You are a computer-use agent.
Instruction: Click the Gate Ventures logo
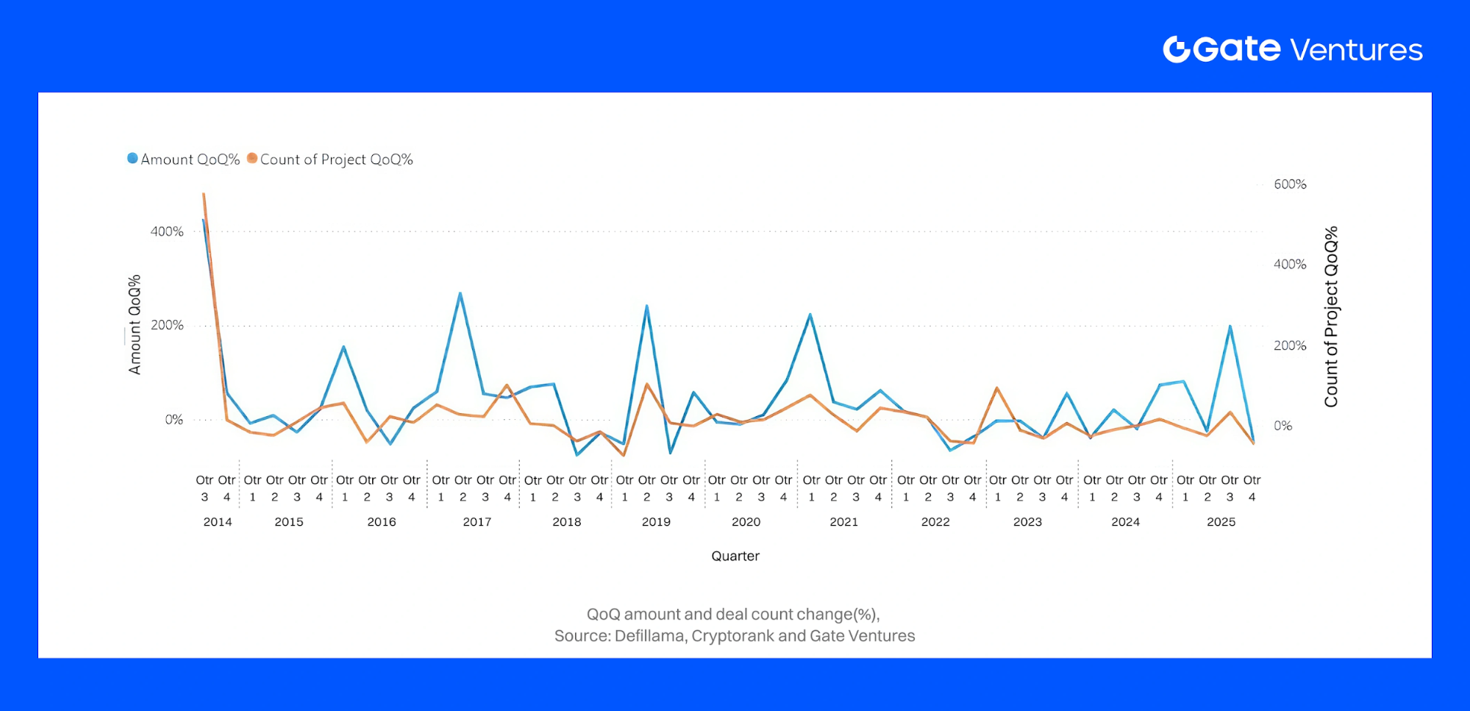(x=1292, y=49)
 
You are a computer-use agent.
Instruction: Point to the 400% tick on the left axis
(x=167, y=232)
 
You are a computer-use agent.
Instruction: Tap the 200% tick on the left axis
(x=167, y=325)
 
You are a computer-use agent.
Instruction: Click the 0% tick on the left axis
(x=174, y=419)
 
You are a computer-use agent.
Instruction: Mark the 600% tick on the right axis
(x=1290, y=184)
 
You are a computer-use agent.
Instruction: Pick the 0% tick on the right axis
(x=1282, y=426)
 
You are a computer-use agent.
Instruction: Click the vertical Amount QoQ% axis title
(x=135, y=325)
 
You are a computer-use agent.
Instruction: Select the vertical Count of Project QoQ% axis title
(x=1331, y=317)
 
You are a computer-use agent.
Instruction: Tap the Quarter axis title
(x=735, y=556)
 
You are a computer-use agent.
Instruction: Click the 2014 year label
(x=217, y=521)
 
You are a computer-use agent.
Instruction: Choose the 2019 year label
(x=656, y=521)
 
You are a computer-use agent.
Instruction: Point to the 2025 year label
(x=1221, y=521)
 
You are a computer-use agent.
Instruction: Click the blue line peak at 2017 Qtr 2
(x=460, y=293)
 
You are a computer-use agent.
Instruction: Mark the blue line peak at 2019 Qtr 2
(x=646, y=306)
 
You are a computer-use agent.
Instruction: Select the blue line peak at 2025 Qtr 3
(x=1230, y=326)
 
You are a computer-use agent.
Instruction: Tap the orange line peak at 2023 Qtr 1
(x=996, y=387)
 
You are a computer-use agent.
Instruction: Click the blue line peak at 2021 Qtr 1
(x=810, y=315)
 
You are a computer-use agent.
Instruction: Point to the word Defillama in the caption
(x=649, y=635)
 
